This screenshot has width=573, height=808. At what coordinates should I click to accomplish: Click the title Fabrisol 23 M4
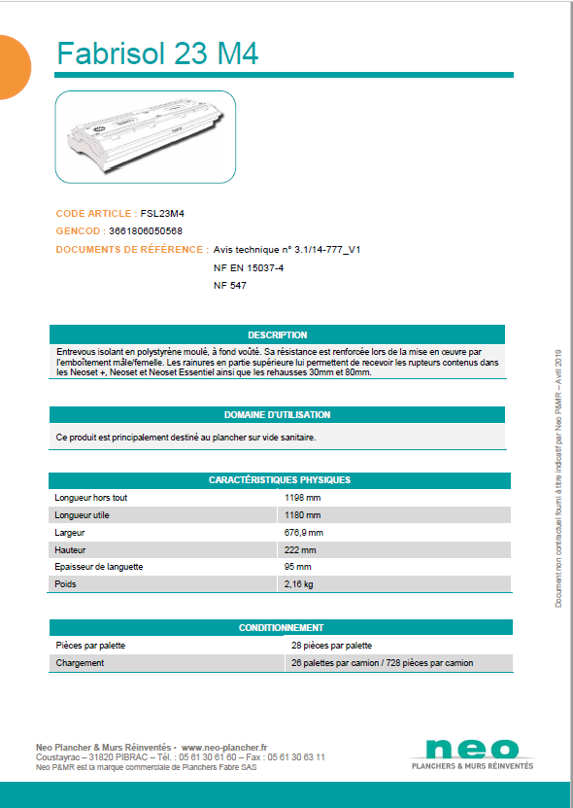(157, 53)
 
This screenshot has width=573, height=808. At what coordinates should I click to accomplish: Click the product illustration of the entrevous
(146, 135)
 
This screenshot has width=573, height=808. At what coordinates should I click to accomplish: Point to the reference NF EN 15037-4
(249, 267)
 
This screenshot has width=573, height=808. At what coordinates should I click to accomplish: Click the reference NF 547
(230, 286)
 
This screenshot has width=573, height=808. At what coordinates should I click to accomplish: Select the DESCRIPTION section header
(277, 334)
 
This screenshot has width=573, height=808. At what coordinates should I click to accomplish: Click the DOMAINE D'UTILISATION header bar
(277, 414)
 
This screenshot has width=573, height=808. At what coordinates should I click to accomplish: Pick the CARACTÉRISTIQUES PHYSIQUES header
(280, 480)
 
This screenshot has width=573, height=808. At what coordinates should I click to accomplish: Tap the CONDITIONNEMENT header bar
(281, 628)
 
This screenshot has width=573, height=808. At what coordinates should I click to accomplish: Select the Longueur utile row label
(83, 515)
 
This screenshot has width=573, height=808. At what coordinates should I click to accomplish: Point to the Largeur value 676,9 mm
(304, 533)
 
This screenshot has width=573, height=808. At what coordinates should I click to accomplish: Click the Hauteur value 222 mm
(300, 550)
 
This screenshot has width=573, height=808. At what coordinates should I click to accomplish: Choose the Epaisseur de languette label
(99, 567)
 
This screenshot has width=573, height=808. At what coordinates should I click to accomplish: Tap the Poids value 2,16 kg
(299, 584)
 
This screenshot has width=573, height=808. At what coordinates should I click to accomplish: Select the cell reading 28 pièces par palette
(331, 646)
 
